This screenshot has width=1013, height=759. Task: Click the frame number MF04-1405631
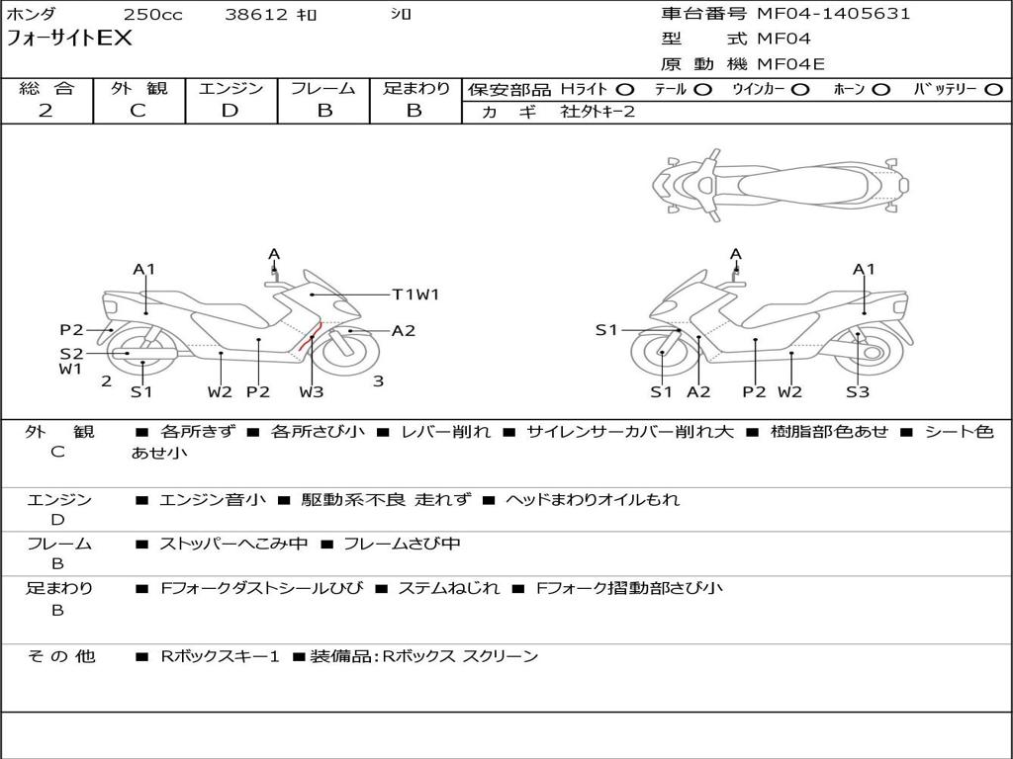point(833,14)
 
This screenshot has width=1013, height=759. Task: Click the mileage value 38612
point(256,15)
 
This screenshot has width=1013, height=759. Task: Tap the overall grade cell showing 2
point(46,111)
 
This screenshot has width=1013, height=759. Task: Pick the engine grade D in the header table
point(230,111)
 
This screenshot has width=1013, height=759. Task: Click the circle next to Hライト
point(625,90)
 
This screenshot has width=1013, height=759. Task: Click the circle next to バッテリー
point(993,90)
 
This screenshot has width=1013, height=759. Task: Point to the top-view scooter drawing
point(781,185)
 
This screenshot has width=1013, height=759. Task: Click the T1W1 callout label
point(415,294)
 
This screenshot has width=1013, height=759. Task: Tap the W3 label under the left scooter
point(312,391)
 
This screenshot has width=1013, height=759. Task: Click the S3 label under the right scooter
point(857,391)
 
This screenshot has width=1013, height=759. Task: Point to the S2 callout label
point(71,353)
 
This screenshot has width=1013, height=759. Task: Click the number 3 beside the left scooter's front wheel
point(378,380)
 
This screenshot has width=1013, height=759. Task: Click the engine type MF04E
point(790,64)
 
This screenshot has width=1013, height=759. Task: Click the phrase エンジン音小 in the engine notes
point(212,499)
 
